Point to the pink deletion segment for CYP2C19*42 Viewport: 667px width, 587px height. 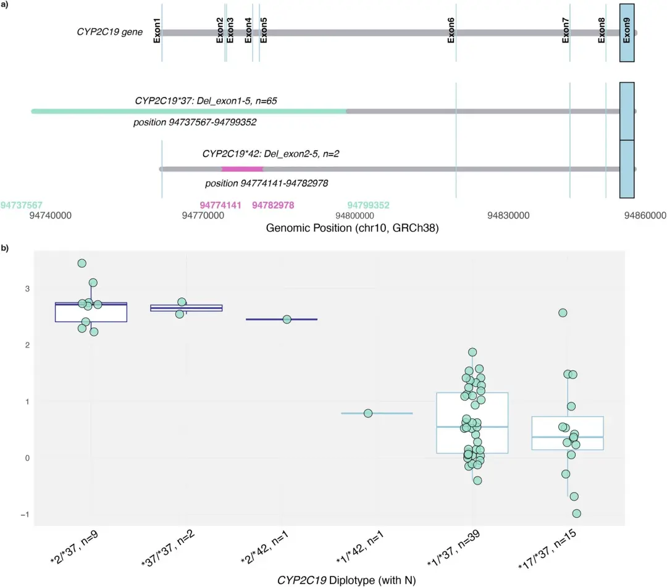click(242, 169)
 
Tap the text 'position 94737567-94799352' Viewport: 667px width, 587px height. click(195, 123)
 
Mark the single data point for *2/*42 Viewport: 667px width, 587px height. click(287, 319)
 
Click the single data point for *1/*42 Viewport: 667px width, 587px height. click(368, 413)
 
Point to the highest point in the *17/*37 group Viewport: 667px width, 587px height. click(563, 313)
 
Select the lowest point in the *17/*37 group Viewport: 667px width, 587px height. click(576, 514)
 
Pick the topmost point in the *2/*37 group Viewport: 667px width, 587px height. click(82, 264)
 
